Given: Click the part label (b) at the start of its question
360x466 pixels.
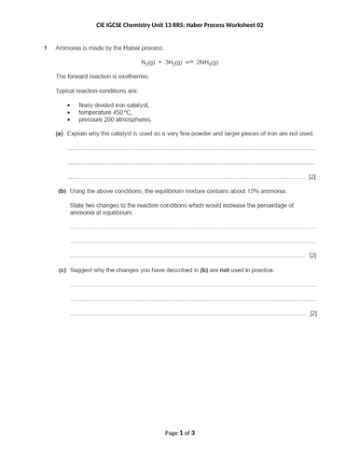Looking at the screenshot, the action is tap(62, 189).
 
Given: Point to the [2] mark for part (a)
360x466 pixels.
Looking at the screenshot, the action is tap(312, 176).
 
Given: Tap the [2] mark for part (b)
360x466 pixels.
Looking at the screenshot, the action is tap(312, 254).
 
